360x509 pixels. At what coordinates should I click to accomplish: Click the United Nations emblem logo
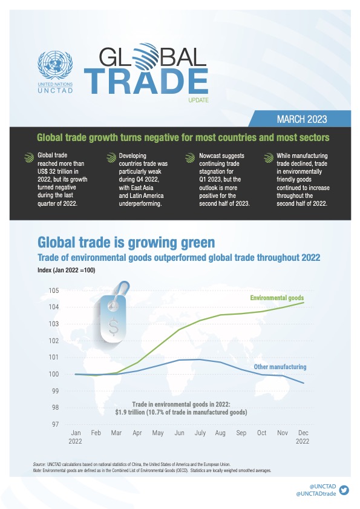(x=55, y=65)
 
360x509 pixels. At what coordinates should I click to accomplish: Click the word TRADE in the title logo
(x=146, y=81)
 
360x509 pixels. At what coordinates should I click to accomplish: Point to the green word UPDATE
(x=198, y=100)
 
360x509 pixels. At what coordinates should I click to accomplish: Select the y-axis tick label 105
(x=54, y=290)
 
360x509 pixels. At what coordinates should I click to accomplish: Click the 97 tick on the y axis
(x=55, y=424)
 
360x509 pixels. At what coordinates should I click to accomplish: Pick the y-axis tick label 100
(x=54, y=374)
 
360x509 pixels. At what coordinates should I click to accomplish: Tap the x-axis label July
(x=200, y=433)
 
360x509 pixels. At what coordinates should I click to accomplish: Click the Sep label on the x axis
(x=241, y=433)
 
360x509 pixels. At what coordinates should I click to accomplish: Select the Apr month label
(x=137, y=433)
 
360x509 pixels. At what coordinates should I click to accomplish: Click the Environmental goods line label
(x=277, y=298)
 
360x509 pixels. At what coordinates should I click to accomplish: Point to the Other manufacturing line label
(x=280, y=367)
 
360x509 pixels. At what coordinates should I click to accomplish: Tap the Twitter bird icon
(x=344, y=490)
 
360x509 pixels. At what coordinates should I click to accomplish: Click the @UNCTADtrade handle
(x=316, y=494)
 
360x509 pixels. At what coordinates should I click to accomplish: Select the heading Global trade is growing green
(x=126, y=242)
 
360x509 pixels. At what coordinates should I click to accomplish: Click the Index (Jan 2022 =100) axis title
(x=66, y=270)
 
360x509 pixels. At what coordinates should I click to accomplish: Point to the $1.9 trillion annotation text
(x=181, y=412)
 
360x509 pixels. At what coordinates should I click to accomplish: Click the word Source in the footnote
(x=39, y=464)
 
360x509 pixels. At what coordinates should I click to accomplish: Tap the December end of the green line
(x=304, y=303)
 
